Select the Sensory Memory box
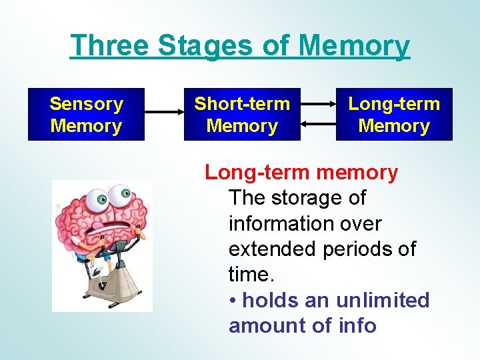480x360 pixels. [x=86, y=115]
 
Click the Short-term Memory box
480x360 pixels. [x=242, y=115]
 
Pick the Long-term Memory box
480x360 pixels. [x=394, y=115]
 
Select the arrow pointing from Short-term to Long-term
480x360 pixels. [x=318, y=105]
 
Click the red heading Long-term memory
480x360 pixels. [x=301, y=173]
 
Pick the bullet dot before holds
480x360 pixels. [x=233, y=301]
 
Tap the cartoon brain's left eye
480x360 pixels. [x=101, y=199]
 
